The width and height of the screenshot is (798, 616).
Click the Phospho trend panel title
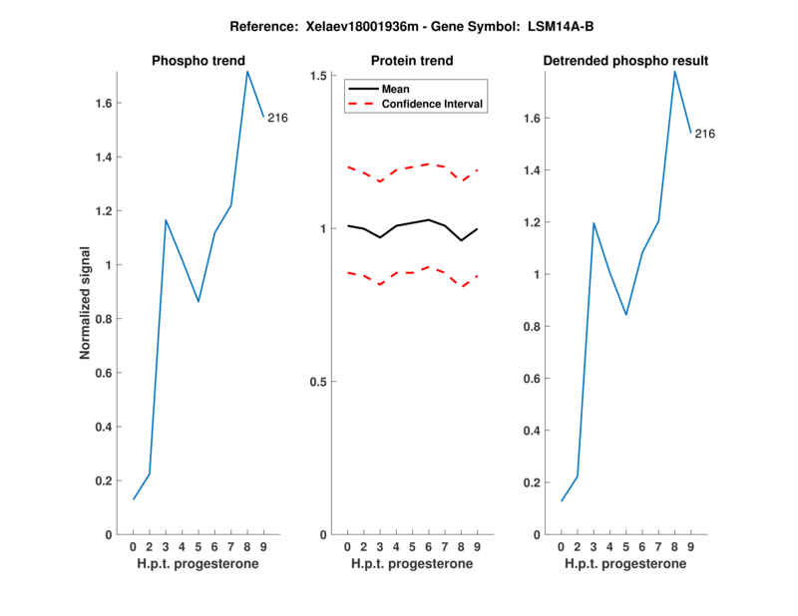coord(199,61)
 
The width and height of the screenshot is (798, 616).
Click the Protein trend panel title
coord(412,61)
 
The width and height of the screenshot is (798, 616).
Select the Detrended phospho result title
coord(625,61)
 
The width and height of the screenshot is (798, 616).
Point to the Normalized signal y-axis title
coord(86,303)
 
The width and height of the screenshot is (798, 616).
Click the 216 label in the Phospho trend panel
coord(277,119)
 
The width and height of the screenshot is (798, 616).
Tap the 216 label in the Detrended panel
coord(705,134)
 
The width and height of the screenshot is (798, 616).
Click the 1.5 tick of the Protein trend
coord(319,76)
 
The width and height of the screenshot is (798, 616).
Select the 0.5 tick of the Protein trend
coord(319,382)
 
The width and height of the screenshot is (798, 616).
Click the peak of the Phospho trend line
coord(247,72)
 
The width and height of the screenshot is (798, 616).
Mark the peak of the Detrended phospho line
coord(675,71)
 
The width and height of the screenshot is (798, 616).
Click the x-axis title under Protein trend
coord(412,564)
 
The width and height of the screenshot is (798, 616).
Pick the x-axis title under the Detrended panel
coord(625,564)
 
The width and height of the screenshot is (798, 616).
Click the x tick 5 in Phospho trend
coord(199,547)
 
